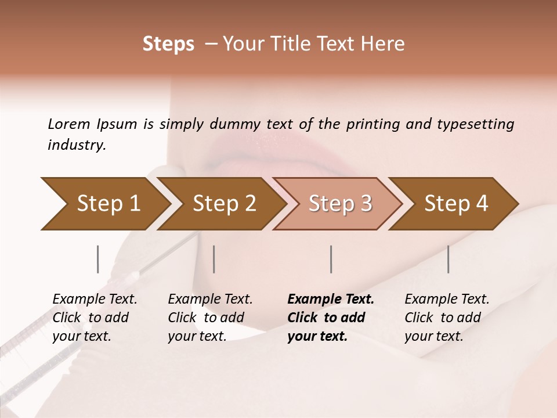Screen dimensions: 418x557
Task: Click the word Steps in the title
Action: [168, 44]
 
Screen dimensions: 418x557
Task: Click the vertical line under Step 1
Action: [98, 259]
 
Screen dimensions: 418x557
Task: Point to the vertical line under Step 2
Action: [214, 259]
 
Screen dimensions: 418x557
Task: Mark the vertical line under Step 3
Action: [331, 259]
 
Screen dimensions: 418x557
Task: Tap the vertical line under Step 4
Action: [449, 259]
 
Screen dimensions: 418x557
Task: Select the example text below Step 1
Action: [95, 318]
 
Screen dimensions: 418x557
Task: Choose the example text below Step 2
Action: [210, 318]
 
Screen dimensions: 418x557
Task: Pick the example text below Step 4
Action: [447, 318]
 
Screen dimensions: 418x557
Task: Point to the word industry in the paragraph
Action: [77, 145]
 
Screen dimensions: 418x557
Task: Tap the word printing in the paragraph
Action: [371, 124]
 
